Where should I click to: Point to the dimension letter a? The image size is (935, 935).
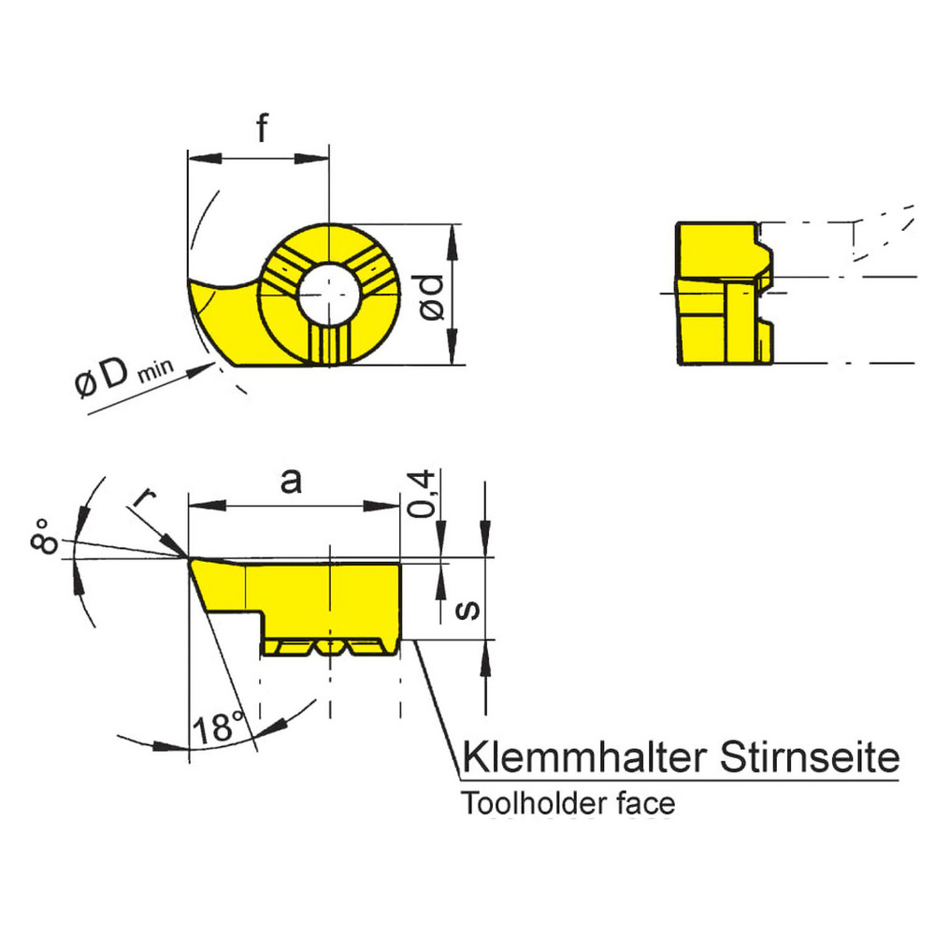tap(292, 481)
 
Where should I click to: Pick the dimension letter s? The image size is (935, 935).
tap(469, 610)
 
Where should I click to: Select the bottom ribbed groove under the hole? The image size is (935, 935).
tap(329, 346)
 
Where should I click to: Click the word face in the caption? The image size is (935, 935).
tap(648, 803)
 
